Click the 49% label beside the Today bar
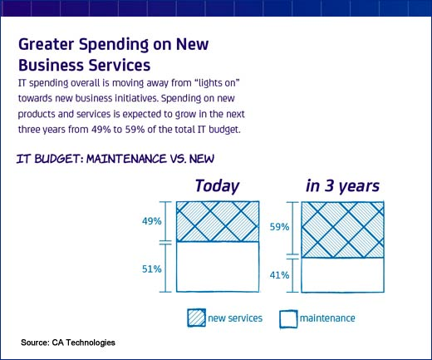click(152, 221)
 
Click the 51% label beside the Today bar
click(152, 269)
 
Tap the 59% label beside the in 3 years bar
click(279, 227)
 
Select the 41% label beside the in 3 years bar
click(279, 275)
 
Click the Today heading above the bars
click(217, 186)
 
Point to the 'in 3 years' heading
click(342, 186)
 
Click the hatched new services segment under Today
click(218, 221)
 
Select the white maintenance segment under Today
click(218, 267)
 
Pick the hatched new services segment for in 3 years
click(342, 229)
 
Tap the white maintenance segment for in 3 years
click(342, 275)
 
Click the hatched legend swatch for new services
click(196, 318)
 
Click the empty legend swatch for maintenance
click(288, 319)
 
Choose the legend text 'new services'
click(235, 318)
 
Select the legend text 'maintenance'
click(327, 318)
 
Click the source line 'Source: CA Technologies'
click(68, 343)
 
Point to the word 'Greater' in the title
click(47, 44)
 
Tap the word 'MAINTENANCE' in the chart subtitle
click(126, 159)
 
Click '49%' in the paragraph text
click(101, 130)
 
